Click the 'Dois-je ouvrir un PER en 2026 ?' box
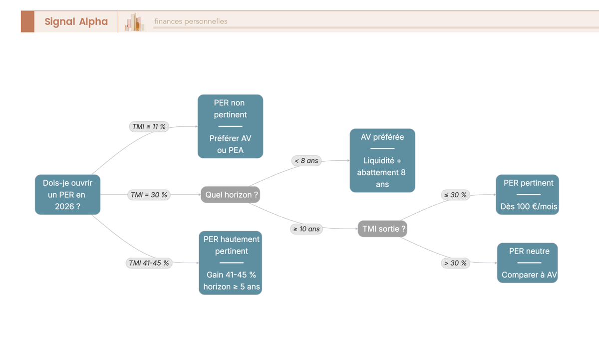(68, 194)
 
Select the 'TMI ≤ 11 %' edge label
(149, 126)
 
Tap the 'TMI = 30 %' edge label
(149, 195)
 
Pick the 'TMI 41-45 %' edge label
(149, 263)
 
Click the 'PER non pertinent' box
(230, 126)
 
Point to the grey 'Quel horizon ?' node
(230, 195)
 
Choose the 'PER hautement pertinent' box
(230, 263)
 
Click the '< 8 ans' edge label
(306, 161)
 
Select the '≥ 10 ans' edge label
(306, 229)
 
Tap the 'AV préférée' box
(382, 160)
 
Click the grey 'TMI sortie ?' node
(382, 229)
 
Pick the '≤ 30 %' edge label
(455, 195)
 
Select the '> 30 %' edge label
(455, 263)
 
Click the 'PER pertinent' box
(527, 194)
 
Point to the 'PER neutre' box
(527, 263)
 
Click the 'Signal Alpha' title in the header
(76, 21)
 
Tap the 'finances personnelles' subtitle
(191, 21)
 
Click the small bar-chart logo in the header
(134, 21)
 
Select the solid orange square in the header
(27, 21)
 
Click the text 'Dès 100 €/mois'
(529, 207)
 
